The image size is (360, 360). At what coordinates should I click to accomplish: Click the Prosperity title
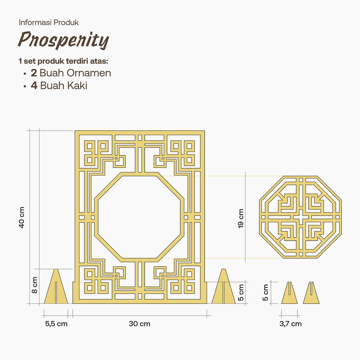coord(63,40)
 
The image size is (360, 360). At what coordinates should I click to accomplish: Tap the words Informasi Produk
coord(48,22)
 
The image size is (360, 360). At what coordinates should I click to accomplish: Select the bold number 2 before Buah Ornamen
coord(34,73)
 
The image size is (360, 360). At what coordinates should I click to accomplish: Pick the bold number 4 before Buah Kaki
coord(34,86)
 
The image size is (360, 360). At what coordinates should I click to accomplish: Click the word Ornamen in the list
coord(89,73)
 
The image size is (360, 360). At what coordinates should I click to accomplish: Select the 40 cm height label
coord(22,217)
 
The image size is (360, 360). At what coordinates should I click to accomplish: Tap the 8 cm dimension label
coord(35,285)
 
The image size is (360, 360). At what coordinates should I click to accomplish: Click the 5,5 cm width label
coord(56,324)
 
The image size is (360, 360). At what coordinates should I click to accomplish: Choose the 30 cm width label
coord(140,324)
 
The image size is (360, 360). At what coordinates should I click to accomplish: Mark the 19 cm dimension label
coord(241,219)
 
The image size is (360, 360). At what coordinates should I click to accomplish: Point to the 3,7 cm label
coord(291,324)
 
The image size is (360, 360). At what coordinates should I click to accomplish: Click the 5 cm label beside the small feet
coord(265,292)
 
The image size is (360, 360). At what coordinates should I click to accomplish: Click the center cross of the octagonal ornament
coord(300,217)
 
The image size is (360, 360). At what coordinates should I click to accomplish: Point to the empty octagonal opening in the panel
coord(139,217)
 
